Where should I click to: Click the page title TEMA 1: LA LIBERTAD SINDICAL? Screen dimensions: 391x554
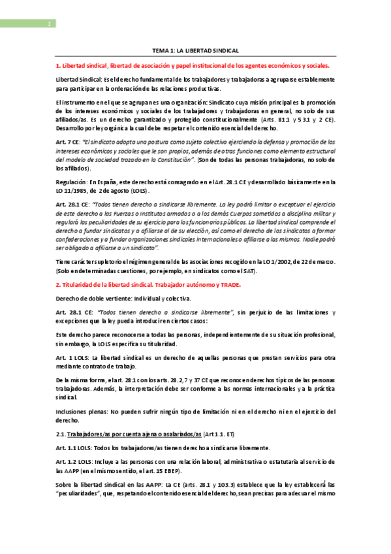[x=195, y=50]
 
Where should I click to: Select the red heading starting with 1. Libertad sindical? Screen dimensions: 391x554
[x=193, y=66]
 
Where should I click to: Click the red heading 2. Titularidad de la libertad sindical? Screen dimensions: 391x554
[x=148, y=285]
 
